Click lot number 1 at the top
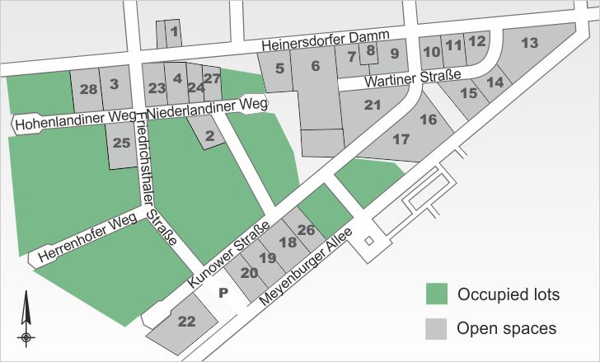tap(174, 32)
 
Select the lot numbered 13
tap(530, 43)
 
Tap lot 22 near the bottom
tap(186, 322)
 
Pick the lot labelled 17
tap(401, 139)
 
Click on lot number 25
tap(121, 143)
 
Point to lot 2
tap(209, 136)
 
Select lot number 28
tap(89, 88)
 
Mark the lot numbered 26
tap(306, 229)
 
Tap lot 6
tap(315, 66)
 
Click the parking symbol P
tap(223, 292)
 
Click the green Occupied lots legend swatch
tap(436, 294)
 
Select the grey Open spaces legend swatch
tap(436, 327)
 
